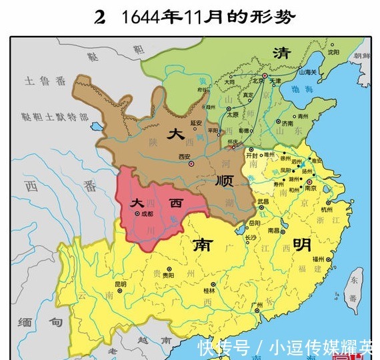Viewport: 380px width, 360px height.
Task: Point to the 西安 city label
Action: click(x=185, y=157)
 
